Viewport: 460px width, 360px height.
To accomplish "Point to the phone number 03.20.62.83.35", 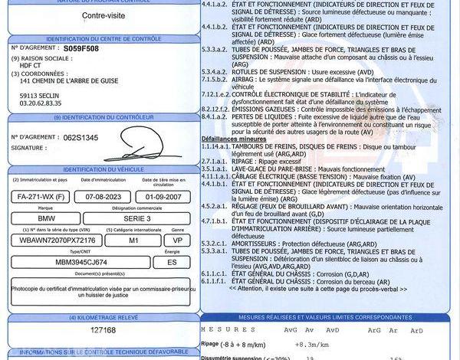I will click(41, 102).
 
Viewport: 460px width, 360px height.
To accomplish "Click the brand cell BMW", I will click(46, 218).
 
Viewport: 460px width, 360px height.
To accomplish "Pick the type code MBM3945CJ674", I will click(73, 261).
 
